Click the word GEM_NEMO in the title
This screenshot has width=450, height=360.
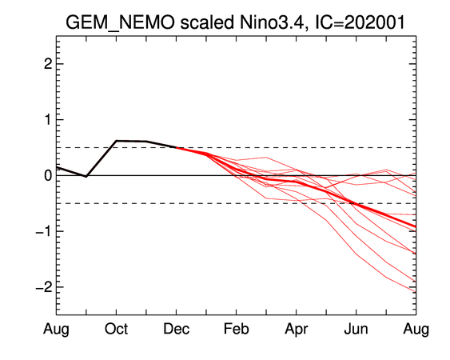[120, 22]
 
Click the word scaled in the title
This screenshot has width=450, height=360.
[207, 22]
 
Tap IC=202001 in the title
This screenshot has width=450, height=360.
[360, 22]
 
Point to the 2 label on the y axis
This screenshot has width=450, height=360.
[48, 64]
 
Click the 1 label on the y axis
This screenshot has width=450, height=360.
[48, 119]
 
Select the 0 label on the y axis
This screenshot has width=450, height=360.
[48, 175]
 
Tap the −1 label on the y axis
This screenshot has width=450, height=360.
[44, 231]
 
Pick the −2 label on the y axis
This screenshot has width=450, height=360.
[44, 287]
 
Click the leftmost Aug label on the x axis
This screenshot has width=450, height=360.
[56, 330]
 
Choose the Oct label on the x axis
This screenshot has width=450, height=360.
[116, 329]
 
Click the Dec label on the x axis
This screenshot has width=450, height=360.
[176, 329]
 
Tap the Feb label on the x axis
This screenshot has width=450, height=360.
[237, 329]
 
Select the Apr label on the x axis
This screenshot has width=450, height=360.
[297, 330]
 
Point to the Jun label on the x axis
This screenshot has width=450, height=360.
[356, 329]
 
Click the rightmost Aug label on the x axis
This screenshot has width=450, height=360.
[416, 330]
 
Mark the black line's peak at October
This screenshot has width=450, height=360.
[116, 141]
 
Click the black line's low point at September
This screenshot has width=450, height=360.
[86, 176]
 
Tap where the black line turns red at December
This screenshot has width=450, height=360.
[176, 148]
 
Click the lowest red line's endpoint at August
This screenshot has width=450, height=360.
[416, 292]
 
